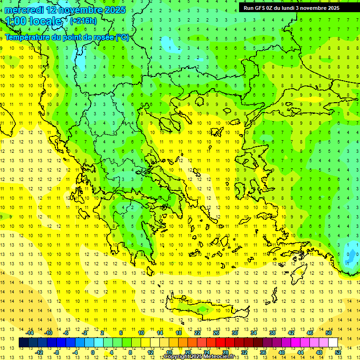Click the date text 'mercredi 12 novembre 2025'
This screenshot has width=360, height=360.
[x=66, y=10]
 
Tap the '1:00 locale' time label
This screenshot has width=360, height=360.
[x=33, y=21]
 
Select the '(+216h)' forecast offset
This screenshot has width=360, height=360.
[x=83, y=21]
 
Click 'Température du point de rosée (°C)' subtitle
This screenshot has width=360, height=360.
[x=67, y=37]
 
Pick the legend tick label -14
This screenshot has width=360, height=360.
[x=30, y=333]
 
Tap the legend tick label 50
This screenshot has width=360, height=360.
[x=328, y=333]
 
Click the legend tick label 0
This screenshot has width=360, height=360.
[x=92, y=352]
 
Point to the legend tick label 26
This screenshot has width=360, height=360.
[x=216, y=333]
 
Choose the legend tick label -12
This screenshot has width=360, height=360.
[x=39, y=352]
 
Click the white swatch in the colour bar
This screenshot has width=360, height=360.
[x=333, y=343]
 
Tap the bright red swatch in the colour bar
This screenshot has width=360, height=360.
[x=221, y=343]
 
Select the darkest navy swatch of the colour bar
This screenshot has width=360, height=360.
[x=23, y=343]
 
